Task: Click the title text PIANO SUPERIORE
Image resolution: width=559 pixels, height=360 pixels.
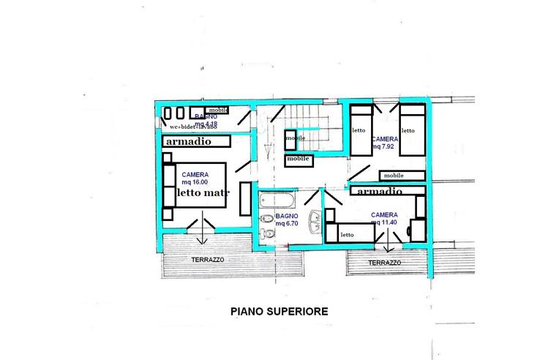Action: (x=279, y=310)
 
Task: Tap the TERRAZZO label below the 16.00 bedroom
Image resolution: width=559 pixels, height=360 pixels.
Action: (x=208, y=260)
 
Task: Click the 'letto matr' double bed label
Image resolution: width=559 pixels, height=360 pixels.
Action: (x=203, y=192)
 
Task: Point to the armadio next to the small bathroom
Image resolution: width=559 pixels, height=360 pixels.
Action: (x=189, y=140)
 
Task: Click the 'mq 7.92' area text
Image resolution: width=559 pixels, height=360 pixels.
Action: (x=383, y=146)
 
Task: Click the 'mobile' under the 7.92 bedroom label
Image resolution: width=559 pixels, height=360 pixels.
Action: (x=394, y=175)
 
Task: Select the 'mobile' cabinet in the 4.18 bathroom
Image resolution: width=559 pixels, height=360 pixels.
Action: (x=218, y=109)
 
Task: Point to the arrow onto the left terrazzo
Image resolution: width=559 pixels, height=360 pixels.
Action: (x=203, y=236)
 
